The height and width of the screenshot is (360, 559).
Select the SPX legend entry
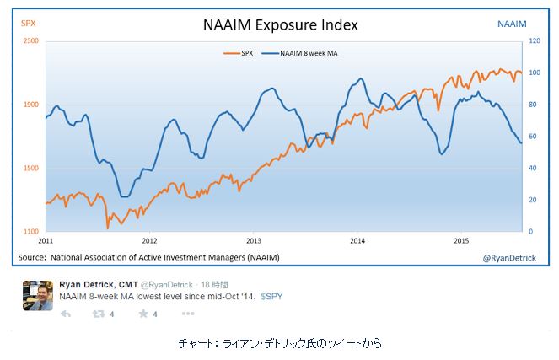coord(242,53)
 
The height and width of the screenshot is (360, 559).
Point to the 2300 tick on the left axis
coord(30,40)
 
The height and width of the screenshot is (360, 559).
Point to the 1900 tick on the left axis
coord(30,105)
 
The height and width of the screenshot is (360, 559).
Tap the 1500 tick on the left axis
coord(30,168)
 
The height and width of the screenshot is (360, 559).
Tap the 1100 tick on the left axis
coord(30,232)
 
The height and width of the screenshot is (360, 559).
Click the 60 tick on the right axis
coord(532,137)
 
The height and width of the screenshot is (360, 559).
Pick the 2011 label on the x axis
coord(46,240)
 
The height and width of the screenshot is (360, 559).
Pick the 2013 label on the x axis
coord(252,240)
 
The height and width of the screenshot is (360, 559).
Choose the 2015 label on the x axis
coord(460,240)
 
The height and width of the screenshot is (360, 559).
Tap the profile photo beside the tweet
coord(38,296)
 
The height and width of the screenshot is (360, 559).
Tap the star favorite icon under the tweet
coord(142,314)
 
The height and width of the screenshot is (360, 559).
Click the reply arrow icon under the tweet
coord(66,314)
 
